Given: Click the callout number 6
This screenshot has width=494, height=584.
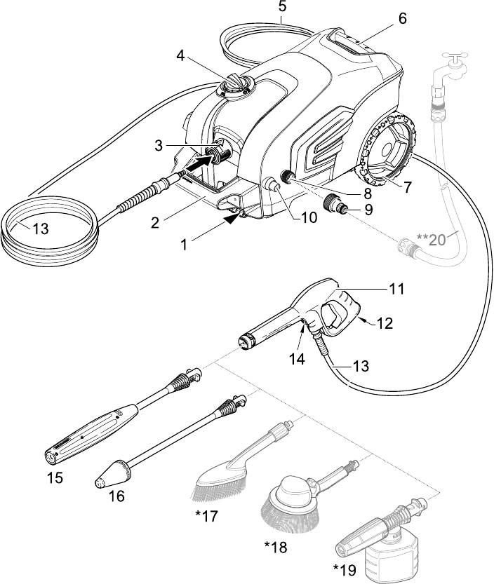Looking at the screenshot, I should point(402,19).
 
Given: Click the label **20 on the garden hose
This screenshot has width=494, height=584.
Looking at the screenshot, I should point(430,239).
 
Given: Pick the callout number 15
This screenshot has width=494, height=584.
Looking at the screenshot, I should point(54,478).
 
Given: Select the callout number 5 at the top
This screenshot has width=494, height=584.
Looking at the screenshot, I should point(282,7).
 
